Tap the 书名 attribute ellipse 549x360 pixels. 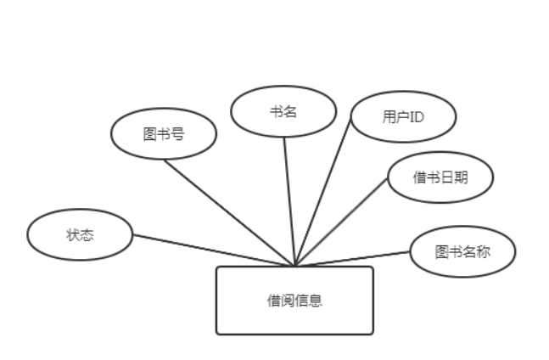(x=283, y=113)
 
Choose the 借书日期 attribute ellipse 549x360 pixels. (x=440, y=177)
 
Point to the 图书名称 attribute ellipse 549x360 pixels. (x=462, y=252)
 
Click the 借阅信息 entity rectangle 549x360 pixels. (x=294, y=300)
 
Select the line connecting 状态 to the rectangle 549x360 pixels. (x=212, y=250)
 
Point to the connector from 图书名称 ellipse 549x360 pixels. (x=356, y=257)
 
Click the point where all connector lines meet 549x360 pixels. (x=294, y=265)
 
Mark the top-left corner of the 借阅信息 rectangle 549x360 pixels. (x=217, y=267)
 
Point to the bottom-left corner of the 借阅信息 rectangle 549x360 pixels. (x=217, y=333)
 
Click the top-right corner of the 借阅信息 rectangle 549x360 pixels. (x=373, y=267)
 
